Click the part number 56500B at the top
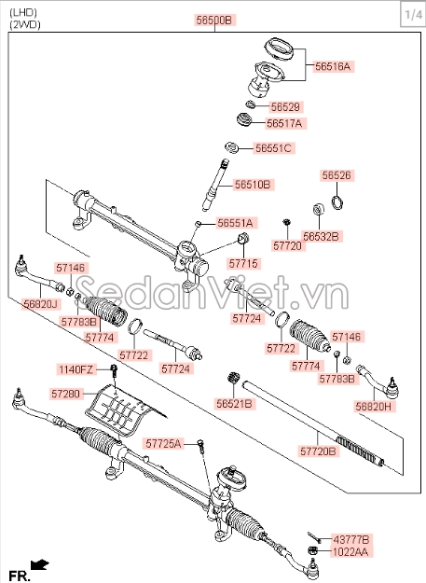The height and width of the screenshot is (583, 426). tap(213, 21)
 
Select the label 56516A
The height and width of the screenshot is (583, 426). tap(333, 66)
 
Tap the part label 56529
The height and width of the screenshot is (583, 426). tap(285, 107)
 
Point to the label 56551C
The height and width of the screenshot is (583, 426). tap(273, 148)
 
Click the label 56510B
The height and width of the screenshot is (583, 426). tap(253, 185)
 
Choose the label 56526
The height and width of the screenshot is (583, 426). tap(337, 175)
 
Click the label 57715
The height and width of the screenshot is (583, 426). tap(243, 264)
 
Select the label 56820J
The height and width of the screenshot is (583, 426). tap(40, 304)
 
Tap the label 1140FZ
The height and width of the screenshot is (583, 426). tap(76, 369)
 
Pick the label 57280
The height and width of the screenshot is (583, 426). tap(66, 394)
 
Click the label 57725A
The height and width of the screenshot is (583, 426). tap(163, 444)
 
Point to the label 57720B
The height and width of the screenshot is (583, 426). tap(318, 451)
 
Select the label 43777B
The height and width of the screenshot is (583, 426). tap(351, 540)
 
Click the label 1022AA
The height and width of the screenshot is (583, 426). tap(350, 552)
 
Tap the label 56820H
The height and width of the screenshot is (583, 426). tap(373, 407)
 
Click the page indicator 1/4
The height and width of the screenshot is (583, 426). tap(413, 15)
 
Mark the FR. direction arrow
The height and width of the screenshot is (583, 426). tap(40, 565)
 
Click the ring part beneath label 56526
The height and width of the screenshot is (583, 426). tap(337, 202)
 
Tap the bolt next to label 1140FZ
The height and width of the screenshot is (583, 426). tap(114, 371)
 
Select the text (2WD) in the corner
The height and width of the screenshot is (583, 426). tap(25, 25)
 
